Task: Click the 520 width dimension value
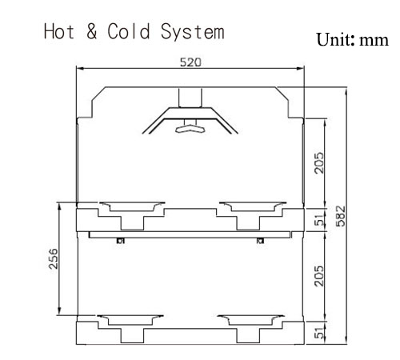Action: (190, 62)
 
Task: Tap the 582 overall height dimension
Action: (341, 216)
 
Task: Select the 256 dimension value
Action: (54, 258)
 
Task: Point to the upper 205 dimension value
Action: (319, 163)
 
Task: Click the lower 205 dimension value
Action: (319, 276)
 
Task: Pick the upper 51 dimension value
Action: (319, 219)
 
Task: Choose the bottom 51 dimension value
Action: (319, 333)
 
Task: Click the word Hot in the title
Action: (58, 31)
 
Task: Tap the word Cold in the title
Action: (129, 31)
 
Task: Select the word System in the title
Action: (192, 32)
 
